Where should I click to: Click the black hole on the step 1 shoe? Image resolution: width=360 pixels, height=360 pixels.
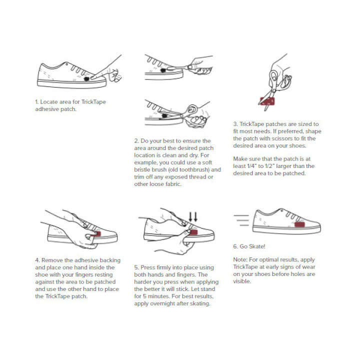point(86,79)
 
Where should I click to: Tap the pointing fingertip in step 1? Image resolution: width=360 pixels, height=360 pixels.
point(92,77)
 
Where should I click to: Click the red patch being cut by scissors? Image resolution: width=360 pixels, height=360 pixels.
point(267,101)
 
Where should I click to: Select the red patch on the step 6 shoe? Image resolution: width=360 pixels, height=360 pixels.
point(299,224)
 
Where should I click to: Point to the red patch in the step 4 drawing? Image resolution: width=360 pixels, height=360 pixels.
point(97,234)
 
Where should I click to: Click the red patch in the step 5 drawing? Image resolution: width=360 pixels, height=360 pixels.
point(193,232)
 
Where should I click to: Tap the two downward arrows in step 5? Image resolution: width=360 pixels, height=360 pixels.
point(193,217)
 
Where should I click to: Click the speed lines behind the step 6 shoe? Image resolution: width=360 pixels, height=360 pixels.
point(241,220)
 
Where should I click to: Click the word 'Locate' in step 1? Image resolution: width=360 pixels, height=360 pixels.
point(49,101)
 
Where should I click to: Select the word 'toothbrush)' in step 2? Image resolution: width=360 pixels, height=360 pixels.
point(194,169)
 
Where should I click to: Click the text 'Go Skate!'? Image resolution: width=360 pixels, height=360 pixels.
point(252,246)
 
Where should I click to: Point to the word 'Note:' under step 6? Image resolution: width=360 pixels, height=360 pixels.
point(240,259)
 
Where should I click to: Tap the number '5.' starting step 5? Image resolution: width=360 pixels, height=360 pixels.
point(136,267)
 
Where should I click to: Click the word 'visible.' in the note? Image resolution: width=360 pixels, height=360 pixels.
point(242,281)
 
